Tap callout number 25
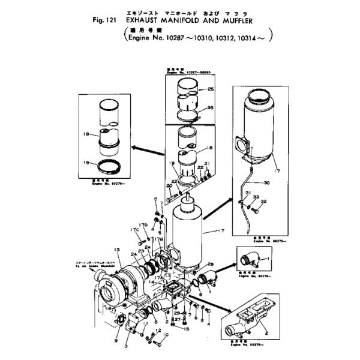[x=210, y=89]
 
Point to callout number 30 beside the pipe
[x=266, y=182]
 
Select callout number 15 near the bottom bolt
[x=187, y=329]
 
